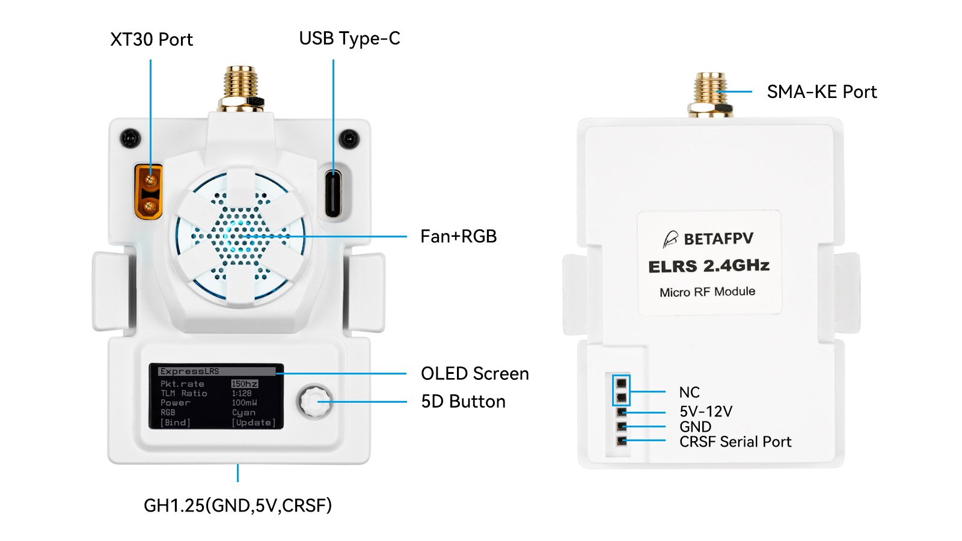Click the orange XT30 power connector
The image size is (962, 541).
(x=148, y=191)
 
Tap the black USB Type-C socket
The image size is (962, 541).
(x=333, y=192)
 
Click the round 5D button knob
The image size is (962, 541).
(x=314, y=402)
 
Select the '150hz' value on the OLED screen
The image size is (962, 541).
(x=245, y=384)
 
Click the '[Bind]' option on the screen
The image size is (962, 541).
(x=175, y=423)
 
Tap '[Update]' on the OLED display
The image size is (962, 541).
(x=254, y=423)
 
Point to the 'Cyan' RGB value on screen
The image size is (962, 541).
(x=244, y=413)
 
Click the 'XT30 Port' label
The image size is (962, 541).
(x=152, y=40)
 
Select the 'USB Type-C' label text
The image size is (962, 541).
(x=349, y=38)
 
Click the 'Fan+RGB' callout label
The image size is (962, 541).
(x=458, y=236)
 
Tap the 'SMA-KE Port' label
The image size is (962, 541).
(x=821, y=92)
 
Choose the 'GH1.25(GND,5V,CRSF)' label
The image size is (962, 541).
(x=237, y=506)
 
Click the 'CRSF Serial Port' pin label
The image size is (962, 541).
(x=735, y=442)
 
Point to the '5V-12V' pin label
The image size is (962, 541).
(x=706, y=412)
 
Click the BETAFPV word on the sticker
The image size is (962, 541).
(x=718, y=239)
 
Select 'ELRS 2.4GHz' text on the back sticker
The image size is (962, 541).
(x=709, y=266)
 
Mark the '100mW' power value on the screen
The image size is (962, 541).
(x=244, y=403)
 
